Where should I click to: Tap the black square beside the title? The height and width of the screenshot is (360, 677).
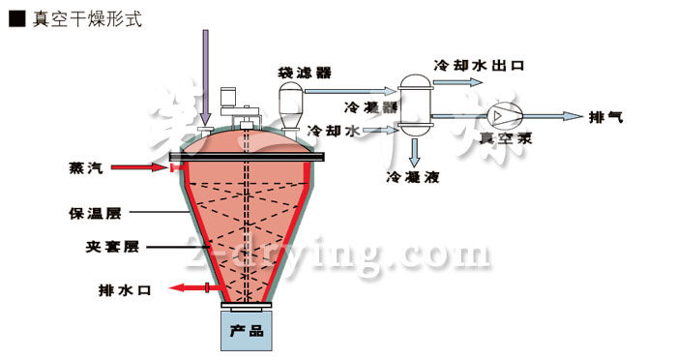(16, 18)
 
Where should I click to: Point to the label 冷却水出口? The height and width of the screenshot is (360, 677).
(478, 67)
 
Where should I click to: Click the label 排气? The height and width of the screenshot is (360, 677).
(606, 117)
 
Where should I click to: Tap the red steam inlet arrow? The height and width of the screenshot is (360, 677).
(141, 168)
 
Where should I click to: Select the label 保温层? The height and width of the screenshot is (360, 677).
(89, 211)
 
